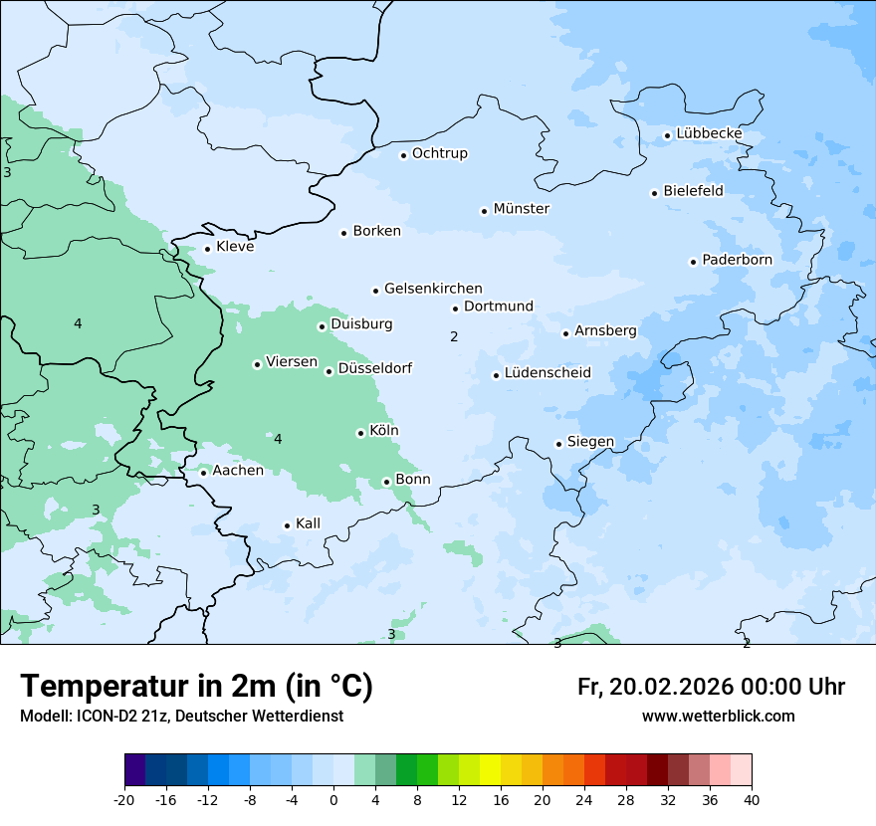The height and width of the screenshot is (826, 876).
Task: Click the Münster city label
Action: [522, 209]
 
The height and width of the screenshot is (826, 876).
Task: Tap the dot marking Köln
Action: [360, 433]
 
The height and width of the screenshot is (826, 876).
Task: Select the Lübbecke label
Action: [709, 133]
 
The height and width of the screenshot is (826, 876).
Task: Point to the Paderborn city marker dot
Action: [693, 262]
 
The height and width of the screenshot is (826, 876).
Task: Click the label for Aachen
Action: [238, 471]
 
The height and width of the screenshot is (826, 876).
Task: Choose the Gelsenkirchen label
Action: [433, 289]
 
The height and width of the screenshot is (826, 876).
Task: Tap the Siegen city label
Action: [590, 442]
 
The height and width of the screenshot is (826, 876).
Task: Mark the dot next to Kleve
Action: [207, 249]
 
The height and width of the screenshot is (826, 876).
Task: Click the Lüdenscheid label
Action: [547, 373]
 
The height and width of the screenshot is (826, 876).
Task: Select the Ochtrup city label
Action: [440, 153]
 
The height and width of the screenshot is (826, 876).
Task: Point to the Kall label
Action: [308, 523]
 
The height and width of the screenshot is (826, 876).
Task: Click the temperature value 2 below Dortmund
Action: [454, 337]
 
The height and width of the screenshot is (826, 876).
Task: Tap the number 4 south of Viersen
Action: [278, 439]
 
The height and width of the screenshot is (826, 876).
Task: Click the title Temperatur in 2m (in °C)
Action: [196, 687]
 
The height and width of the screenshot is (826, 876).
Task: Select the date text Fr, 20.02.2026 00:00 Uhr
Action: [711, 688]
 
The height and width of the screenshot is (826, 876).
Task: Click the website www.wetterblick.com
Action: [718, 717]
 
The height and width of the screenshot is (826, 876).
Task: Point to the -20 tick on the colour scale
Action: [124, 800]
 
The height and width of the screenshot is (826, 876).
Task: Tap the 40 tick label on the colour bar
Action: [752, 800]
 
